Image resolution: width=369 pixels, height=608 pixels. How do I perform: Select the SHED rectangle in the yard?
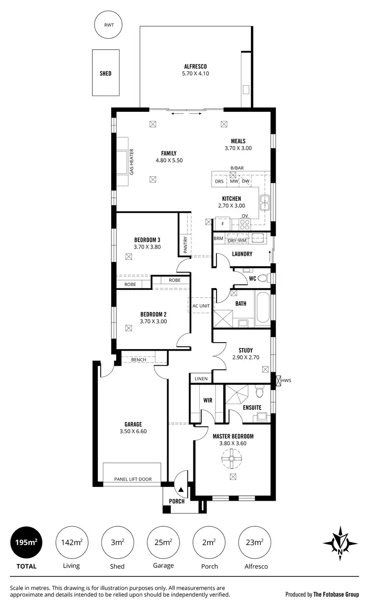(105, 73)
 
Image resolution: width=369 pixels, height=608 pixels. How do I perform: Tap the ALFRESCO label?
(195, 66)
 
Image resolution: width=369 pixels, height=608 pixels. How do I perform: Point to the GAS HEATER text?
(131, 162)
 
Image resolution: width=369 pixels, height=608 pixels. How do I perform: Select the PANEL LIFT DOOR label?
(133, 479)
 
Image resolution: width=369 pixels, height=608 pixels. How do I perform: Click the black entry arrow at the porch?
(181, 490)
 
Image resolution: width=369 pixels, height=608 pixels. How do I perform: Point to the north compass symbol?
(340, 544)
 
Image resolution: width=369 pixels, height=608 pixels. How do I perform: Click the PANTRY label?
(185, 245)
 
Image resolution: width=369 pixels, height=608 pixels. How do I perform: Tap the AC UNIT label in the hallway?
(201, 306)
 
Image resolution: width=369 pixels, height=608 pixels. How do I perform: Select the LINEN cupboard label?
(201, 379)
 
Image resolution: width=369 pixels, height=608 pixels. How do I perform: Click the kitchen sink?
(265, 200)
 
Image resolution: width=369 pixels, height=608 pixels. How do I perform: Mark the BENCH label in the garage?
(138, 360)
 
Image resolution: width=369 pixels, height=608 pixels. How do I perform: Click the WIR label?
(208, 400)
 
